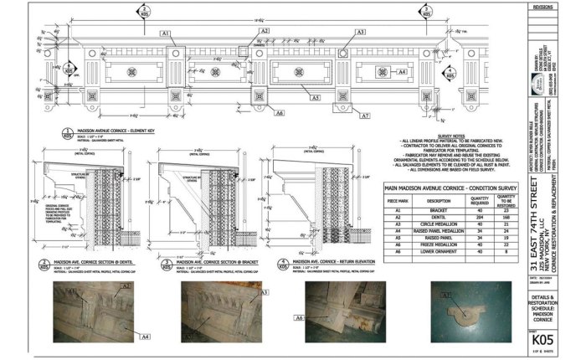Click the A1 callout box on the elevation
[166, 33]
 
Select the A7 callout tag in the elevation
[364, 116]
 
